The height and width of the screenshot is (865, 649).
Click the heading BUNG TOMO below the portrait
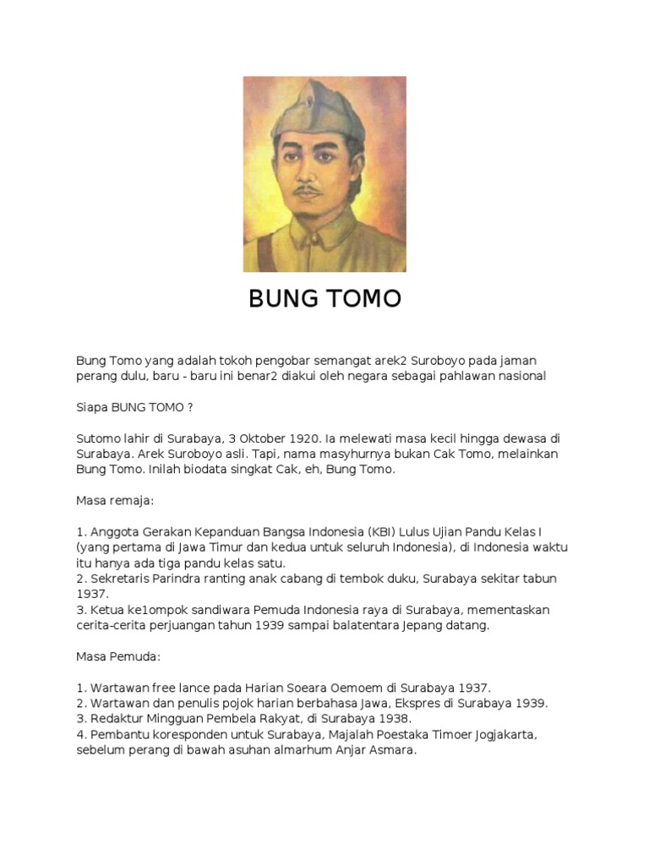click(324, 299)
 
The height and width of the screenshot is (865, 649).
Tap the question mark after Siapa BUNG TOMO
click(190, 407)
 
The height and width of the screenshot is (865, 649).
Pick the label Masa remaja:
click(115, 500)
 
